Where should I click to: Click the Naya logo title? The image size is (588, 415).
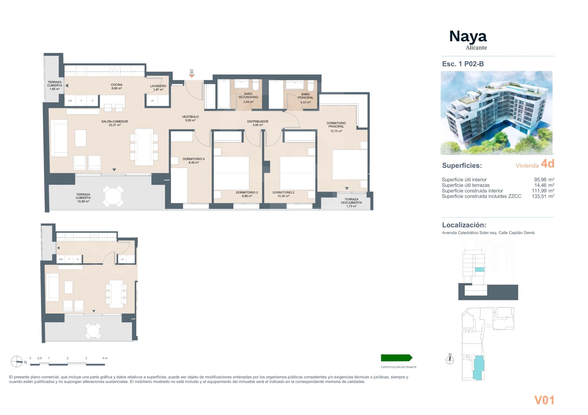[x=468, y=37]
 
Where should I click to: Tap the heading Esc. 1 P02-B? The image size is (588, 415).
[x=463, y=64]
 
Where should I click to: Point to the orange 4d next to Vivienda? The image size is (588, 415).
[x=547, y=164]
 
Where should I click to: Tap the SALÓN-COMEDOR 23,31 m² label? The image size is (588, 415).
[x=115, y=123]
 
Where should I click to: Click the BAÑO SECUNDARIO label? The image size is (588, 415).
[x=248, y=96]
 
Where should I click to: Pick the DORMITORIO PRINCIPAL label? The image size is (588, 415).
[x=336, y=125]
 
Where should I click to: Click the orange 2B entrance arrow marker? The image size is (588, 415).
[x=192, y=76]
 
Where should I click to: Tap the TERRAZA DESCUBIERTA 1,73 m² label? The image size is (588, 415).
[x=351, y=203]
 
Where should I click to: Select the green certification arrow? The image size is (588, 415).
[x=396, y=358]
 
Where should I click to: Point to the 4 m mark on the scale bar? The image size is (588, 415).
[x=105, y=358]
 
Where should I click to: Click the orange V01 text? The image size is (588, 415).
[x=544, y=400]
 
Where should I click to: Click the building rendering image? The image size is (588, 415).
[x=496, y=113]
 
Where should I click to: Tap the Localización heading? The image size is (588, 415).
[x=464, y=225]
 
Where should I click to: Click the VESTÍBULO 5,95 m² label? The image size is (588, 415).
[x=190, y=118]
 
